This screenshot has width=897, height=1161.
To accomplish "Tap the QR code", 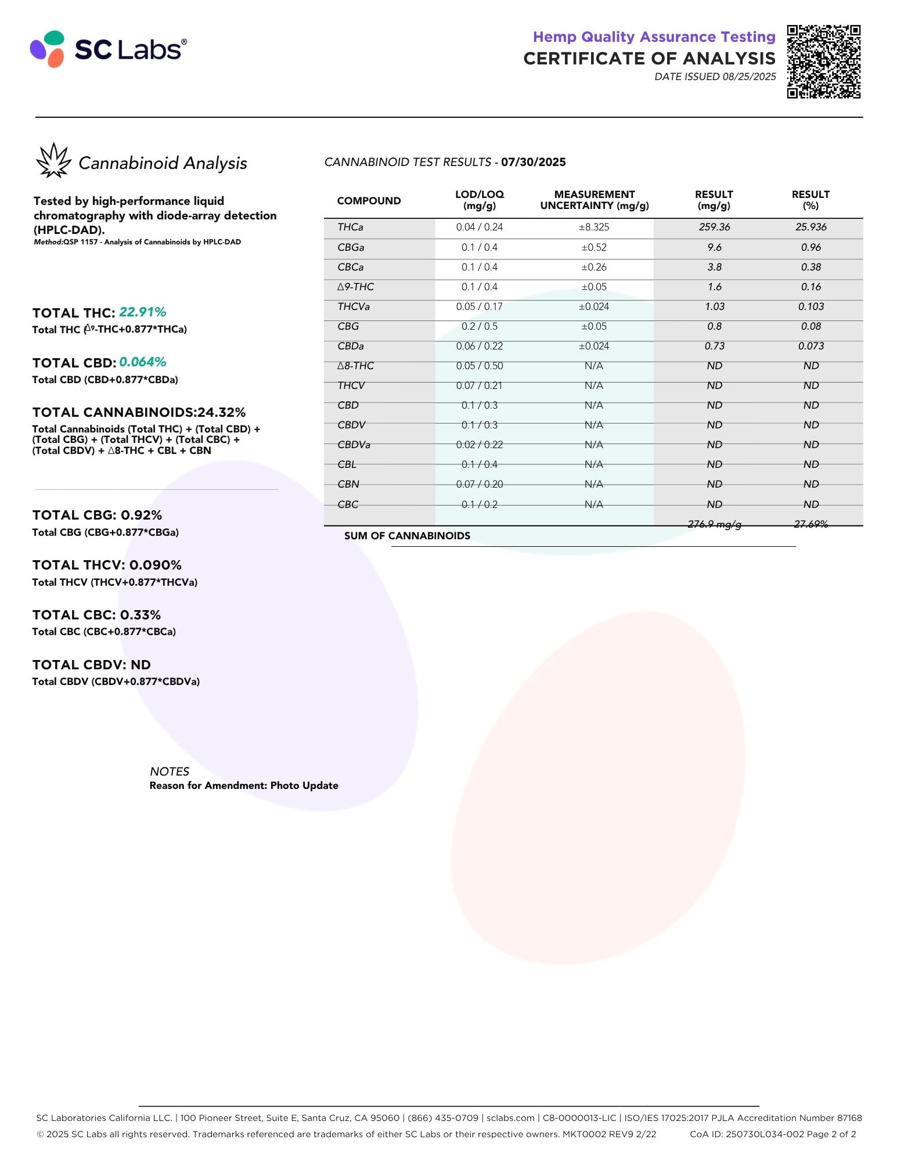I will (x=823, y=62).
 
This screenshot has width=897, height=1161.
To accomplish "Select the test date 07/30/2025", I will (x=533, y=163).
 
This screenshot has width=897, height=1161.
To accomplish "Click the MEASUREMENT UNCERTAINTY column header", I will (x=594, y=200).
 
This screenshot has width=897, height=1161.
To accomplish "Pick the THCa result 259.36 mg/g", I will (x=714, y=227).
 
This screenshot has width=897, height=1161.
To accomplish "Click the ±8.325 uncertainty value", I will (x=593, y=227).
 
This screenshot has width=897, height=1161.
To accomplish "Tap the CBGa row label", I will (x=351, y=247).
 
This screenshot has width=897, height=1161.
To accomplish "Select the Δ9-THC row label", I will (x=355, y=287).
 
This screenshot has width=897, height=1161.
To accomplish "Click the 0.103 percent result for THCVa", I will (x=810, y=307).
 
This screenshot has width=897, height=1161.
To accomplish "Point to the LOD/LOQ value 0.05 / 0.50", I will (x=479, y=366).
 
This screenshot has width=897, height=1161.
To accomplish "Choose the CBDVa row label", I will (x=354, y=445).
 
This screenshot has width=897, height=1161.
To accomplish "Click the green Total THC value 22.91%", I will (x=143, y=312).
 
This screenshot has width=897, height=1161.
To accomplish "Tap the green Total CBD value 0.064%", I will (x=143, y=362).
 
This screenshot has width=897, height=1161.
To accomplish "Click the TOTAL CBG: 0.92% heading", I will (x=97, y=515).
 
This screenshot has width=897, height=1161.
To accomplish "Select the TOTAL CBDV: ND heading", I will (x=92, y=665).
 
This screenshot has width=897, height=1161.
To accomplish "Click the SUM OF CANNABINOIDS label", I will (x=407, y=536).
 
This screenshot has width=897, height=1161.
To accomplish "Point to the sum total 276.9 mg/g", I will (x=714, y=524).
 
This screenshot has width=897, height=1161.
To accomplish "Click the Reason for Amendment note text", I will (x=244, y=785).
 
